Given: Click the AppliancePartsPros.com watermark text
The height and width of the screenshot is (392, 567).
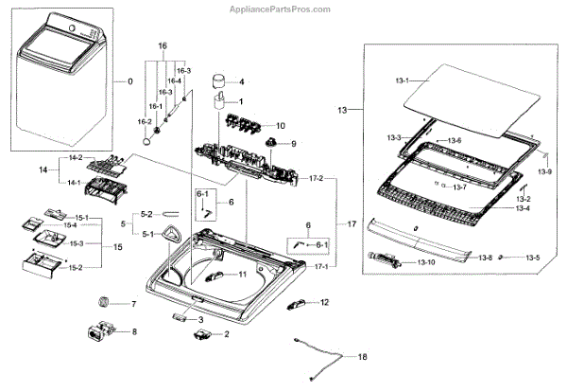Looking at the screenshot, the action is pyautogui.click(x=280, y=9).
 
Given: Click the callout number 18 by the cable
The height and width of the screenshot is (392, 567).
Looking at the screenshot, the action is pyautogui.click(x=362, y=357).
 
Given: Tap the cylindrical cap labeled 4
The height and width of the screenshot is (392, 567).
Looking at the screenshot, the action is pyautogui.click(x=218, y=80).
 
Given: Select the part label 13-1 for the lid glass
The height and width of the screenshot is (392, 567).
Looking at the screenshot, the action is pyautogui.click(x=402, y=80).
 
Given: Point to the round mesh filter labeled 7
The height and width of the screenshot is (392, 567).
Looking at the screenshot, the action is pyautogui.click(x=103, y=301).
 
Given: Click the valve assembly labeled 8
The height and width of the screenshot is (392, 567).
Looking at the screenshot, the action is pyautogui.click(x=100, y=330).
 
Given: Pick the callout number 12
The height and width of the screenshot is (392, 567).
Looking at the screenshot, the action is pyautogui.click(x=324, y=302).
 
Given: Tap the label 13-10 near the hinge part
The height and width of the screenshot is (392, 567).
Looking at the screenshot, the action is pyautogui.click(x=426, y=262).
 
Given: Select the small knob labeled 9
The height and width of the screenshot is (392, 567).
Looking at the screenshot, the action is pyautogui.click(x=270, y=142).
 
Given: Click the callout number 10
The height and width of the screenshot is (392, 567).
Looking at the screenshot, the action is pyautogui.click(x=281, y=126).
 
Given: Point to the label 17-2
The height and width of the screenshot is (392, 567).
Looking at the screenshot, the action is pyautogui.click(x=316, y=178).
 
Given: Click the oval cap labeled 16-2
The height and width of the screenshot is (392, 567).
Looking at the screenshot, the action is pyautogui.click(x=146, y=140).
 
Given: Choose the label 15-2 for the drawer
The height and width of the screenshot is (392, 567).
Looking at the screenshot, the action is pyautogui.click(x=76, y=268).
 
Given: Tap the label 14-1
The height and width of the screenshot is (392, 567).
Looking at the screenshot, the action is pyautogui.click(x=74, y=183).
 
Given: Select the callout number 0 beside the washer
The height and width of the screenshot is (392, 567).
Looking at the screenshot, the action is pyautogui.click(x=130, y=81).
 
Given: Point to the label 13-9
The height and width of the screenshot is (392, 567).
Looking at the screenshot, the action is pyautogui.click(x=544, y=172).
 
